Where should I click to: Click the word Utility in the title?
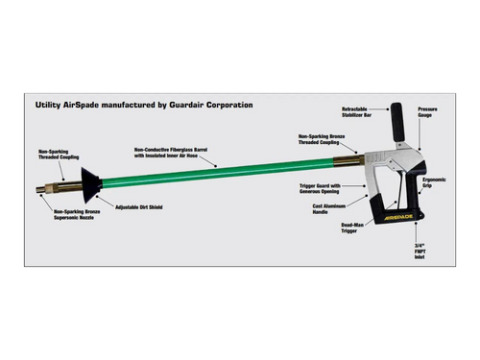click(51, 104)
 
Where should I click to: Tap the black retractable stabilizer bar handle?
click(395, 119)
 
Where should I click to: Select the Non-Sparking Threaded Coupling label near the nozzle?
click(59, 155)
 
